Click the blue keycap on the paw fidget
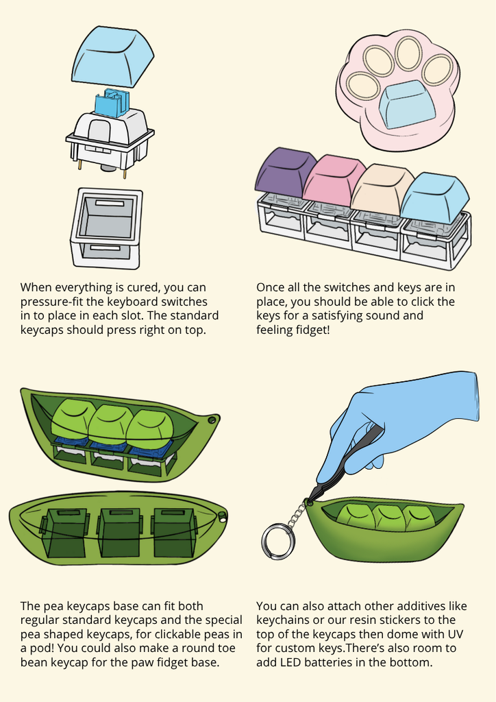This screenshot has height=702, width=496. (x=406, y=105)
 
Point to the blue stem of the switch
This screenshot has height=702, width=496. (x=112, y=104)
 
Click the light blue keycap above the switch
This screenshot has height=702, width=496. (x=113, y=56)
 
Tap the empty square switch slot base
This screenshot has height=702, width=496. (x=106, y=228)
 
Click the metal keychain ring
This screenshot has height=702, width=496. (x=277, y=542)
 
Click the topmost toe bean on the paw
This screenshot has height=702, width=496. (x=408, y=53)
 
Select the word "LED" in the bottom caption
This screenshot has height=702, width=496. (x=292, y=662)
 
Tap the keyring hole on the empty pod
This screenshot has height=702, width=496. (x=222, y=520)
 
